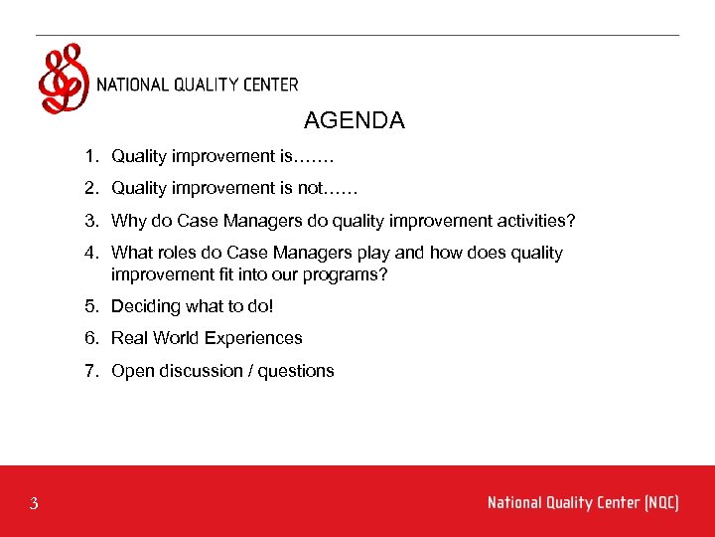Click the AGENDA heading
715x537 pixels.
354,121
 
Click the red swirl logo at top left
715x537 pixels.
62,79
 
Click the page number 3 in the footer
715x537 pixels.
34,504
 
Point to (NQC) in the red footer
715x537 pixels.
661,503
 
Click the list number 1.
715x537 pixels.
90,156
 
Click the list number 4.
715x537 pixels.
90,254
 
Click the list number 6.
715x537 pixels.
90,338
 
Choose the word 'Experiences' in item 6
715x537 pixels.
255,338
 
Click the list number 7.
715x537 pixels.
90,371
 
